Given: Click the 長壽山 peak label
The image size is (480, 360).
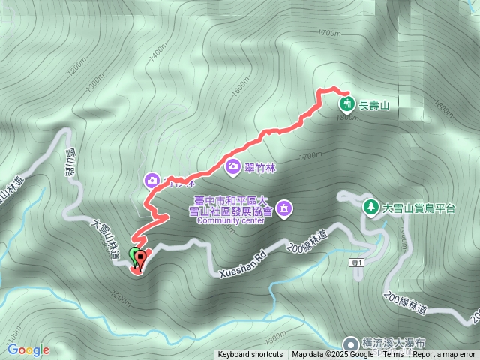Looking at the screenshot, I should click(x=375, y=103).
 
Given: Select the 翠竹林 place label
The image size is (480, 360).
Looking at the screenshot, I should click(x=261, y=168).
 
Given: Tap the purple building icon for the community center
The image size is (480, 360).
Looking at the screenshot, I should click(x=285, y=208).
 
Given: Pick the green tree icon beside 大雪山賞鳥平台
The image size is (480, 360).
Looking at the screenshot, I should click(x=370, y=206).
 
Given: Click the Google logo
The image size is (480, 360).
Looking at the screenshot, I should click(x=28, y=349).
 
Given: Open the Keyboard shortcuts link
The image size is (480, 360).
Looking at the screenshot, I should click(x=250, y=355).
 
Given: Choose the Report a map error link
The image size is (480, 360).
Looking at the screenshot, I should click(x=445, y=355).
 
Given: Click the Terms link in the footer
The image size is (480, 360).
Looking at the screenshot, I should click(x=393, y=355).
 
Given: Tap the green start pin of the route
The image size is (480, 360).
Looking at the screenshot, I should click(x=135, y=256).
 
